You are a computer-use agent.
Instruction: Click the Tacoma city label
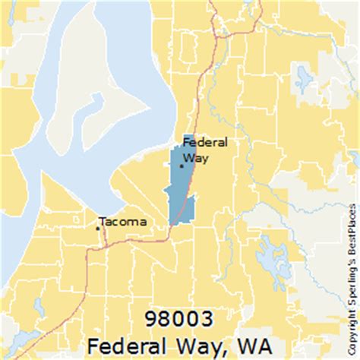point(124,223)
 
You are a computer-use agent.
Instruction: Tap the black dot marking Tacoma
point(97,227)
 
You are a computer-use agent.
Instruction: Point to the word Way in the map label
point(195,158)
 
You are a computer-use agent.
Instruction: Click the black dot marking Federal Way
point(181,165)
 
